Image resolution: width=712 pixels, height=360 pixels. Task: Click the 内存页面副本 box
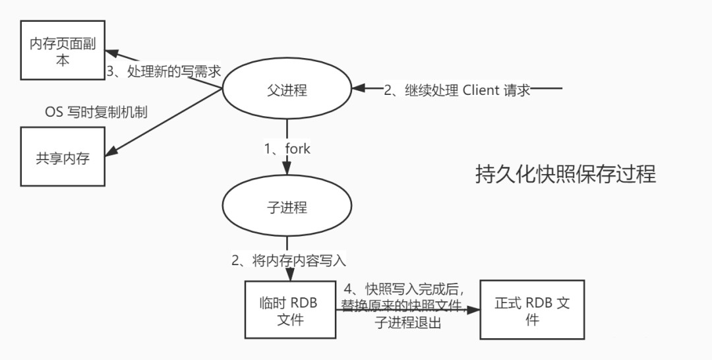pos(63,51)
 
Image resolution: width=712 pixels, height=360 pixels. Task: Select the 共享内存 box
pos(63,158)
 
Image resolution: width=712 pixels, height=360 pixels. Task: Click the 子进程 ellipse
pos(287,206)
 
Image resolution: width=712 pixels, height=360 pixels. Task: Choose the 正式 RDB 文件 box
pos(531,311)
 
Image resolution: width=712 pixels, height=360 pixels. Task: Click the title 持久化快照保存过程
pos(565,174)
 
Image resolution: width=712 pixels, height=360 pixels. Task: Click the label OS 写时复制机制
pos(96,112)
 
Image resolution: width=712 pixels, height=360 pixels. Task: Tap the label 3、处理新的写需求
pos(163,72)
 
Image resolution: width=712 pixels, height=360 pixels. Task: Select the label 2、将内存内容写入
pos(288,260)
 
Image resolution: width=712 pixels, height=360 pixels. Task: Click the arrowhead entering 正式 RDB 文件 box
pos(475,310)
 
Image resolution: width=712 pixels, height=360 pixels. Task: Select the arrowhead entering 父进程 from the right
pos(358,88)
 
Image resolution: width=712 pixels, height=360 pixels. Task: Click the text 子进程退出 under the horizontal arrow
pos(408,324)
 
